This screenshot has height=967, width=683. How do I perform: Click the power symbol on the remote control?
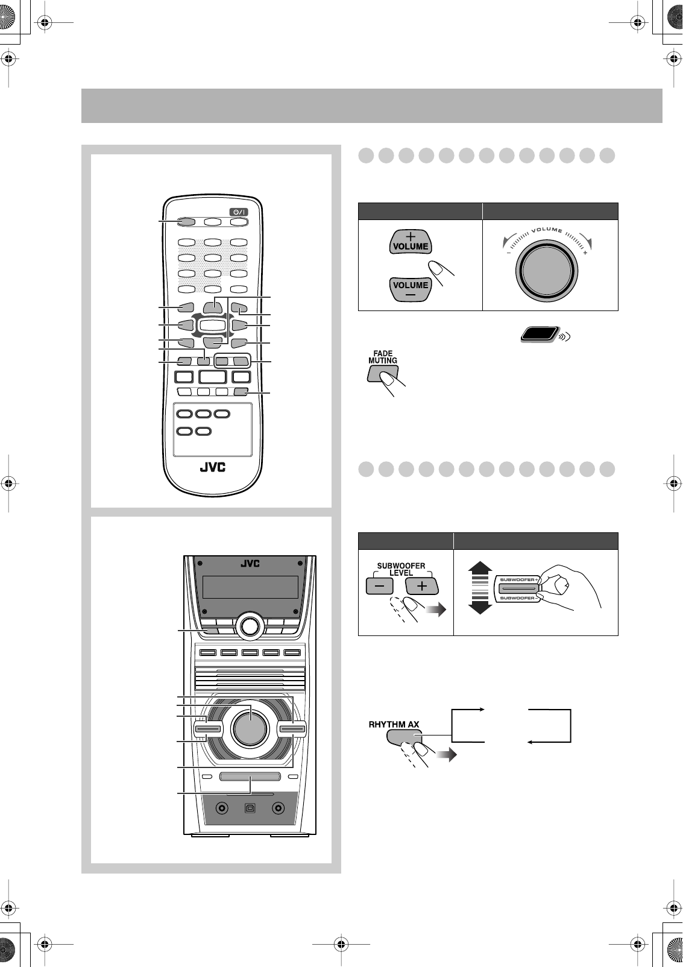pos(239,212)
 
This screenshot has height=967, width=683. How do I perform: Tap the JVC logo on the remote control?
pos(212,467)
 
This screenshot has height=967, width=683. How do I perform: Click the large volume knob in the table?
pos(547,269)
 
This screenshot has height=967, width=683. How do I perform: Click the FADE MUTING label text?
pos(383,357)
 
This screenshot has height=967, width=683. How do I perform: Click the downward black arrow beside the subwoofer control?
pos(480,606)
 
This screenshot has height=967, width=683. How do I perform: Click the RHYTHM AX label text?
pos(394,724)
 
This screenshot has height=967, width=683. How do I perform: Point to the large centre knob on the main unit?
pos(249,727)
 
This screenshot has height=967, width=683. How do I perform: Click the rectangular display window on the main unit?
pos(251,587)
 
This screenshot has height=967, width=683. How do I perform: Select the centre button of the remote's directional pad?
pos(212,326)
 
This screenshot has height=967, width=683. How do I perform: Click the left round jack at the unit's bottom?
pos(222,808)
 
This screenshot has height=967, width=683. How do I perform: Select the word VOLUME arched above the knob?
pos(547,230)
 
